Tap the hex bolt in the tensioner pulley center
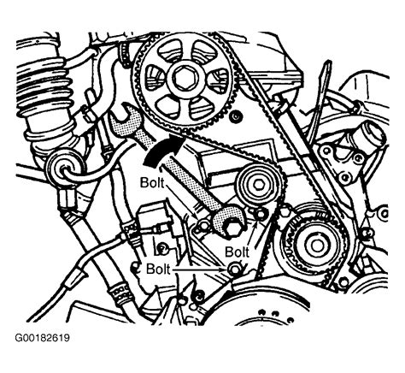[259, 186]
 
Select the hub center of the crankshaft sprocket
[316, 244]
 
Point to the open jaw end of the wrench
[122, 116]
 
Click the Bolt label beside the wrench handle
[152, 182]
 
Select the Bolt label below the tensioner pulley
[237, 252]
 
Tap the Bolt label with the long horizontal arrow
[158, 269]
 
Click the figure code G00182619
[42, 338]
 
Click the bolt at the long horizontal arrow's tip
[234, 269]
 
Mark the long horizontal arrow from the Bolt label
[200, 269]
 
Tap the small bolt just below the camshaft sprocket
[236, 116]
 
